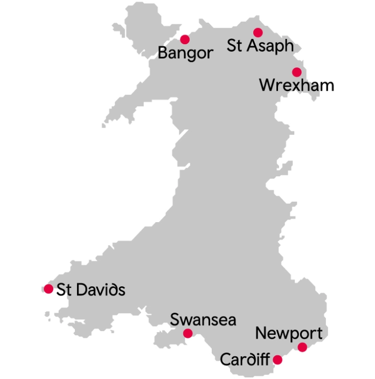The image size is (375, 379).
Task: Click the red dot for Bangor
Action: [185, 39]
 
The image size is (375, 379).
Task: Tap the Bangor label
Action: [185, 53]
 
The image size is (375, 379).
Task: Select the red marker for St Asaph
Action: [258, 32]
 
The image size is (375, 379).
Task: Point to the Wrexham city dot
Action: [296, 72]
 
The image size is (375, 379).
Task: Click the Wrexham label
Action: [296, 85]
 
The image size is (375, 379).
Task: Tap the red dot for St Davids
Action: [48, 289]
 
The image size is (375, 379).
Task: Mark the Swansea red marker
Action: [188, 333]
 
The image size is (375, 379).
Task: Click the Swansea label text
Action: [203, 320]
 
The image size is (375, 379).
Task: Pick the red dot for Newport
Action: [302, 347]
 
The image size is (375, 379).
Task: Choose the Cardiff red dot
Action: [278, 360]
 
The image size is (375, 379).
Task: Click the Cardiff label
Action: [244, 359]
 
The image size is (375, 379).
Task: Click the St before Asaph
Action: [235, 46]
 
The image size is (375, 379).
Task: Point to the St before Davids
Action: [65, 290]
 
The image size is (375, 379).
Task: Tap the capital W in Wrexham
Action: [267, 85]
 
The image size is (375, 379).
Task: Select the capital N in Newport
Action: [261, 333]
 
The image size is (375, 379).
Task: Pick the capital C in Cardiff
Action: [225, 359]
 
